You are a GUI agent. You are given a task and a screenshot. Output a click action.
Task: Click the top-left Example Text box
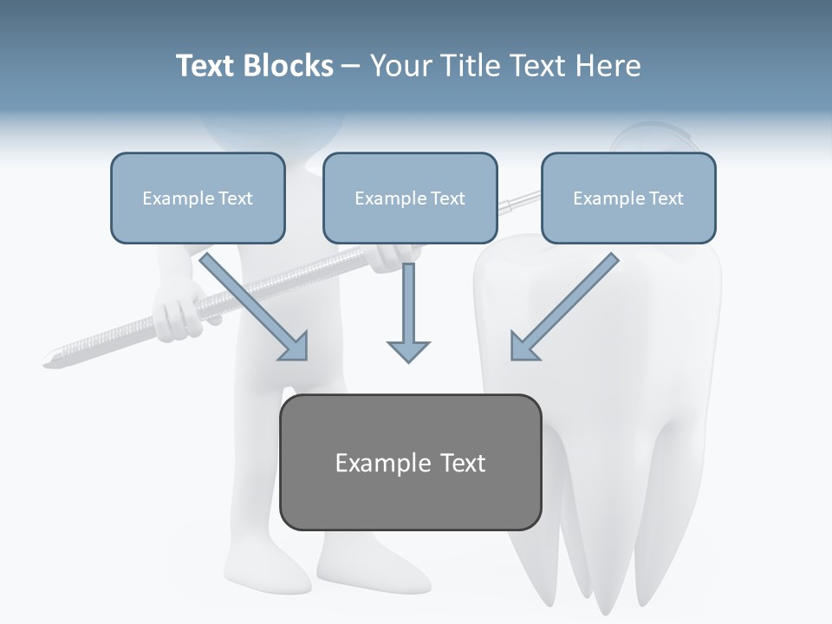coord(198,198)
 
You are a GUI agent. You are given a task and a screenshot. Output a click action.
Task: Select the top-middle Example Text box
coord(410,198)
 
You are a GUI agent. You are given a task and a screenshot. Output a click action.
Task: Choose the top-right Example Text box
coord(628,198)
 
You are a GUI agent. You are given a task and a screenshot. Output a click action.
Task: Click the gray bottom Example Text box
coord(410,462)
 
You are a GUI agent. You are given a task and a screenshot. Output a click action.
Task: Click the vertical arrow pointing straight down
coord(408,312)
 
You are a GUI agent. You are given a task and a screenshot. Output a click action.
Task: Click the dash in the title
coord(351,66)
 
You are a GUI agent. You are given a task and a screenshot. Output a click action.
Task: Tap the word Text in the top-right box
coord(666,198)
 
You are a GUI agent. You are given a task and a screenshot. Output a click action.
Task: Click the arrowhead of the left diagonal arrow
coord(295,348)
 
